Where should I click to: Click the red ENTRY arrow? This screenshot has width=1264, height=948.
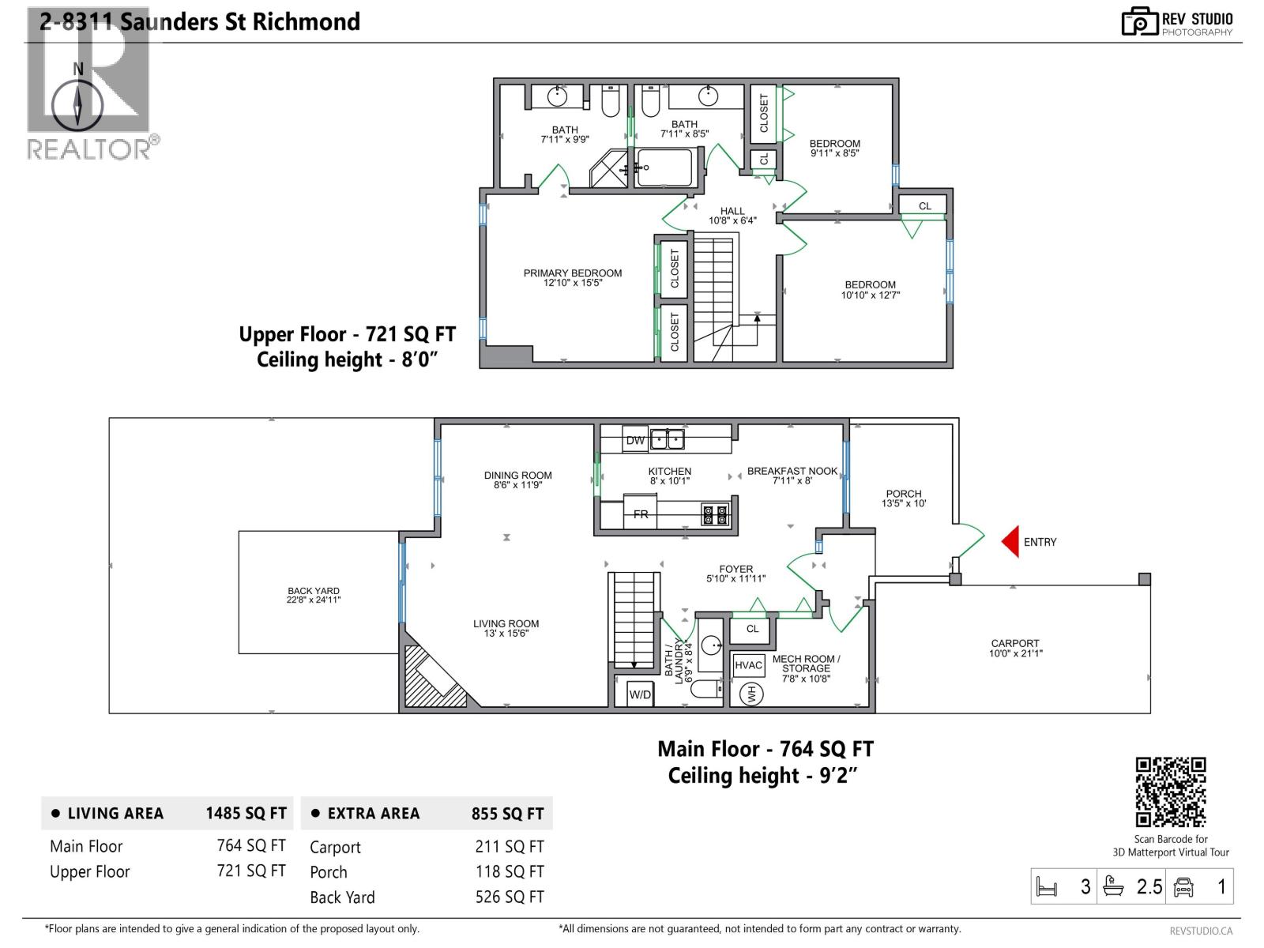click(x=1010, y=542)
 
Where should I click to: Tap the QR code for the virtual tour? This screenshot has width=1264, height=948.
click(x=1170, y=792)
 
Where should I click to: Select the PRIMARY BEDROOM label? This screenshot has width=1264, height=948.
click(x=573, y=277)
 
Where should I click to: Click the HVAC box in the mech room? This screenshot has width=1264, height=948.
click(x=748, y=665)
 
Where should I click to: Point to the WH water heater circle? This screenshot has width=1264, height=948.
click(x=751, y=694)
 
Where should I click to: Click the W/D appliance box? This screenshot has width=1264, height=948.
click(x=640, y=694)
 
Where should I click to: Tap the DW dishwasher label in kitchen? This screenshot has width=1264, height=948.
click(x=635, y=440)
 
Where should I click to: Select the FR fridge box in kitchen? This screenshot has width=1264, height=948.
click(x=640, y=513)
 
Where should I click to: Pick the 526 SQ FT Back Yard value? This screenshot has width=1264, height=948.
click(x=510, y=897)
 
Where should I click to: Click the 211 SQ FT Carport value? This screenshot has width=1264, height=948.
click(x=510, y=846)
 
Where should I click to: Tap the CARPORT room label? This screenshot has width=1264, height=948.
click(x=1015, y=648)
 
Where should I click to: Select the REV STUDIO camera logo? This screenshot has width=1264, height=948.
click(x=1140, y=22)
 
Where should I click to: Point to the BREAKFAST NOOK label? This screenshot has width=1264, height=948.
click(x=792, y=476)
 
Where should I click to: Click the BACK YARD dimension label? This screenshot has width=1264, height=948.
click(x=314, y=595)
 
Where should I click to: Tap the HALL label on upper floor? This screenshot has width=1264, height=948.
click(x=732, y=216)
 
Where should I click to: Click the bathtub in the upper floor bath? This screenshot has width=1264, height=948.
click(x=664, y=167)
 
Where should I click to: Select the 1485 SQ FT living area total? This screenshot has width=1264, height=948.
click(x=246, y=813)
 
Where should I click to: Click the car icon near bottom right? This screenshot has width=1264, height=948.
click(x=1183, y=887)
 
